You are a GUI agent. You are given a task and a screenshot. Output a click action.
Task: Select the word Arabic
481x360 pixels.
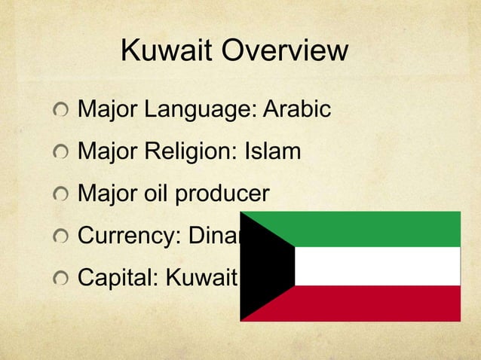(x=297, y=110)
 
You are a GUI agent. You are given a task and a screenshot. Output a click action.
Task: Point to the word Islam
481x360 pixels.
(x=272, y=152)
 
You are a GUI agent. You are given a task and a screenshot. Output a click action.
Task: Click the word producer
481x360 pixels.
(x=222, y=195)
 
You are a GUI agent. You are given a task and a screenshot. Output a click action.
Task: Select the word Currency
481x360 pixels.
(x=125, y=236)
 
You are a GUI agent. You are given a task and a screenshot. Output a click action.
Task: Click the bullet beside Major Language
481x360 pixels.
(x=60, y=111)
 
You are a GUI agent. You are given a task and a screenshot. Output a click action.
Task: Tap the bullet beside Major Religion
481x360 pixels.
(x=60, y=153)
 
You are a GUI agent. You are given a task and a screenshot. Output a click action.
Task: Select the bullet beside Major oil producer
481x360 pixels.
(x=60, y=195)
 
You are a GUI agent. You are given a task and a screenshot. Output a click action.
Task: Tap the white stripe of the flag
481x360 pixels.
(x=377, y=266)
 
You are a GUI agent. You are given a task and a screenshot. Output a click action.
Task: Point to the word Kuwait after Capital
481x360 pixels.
(x=207, y=279)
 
